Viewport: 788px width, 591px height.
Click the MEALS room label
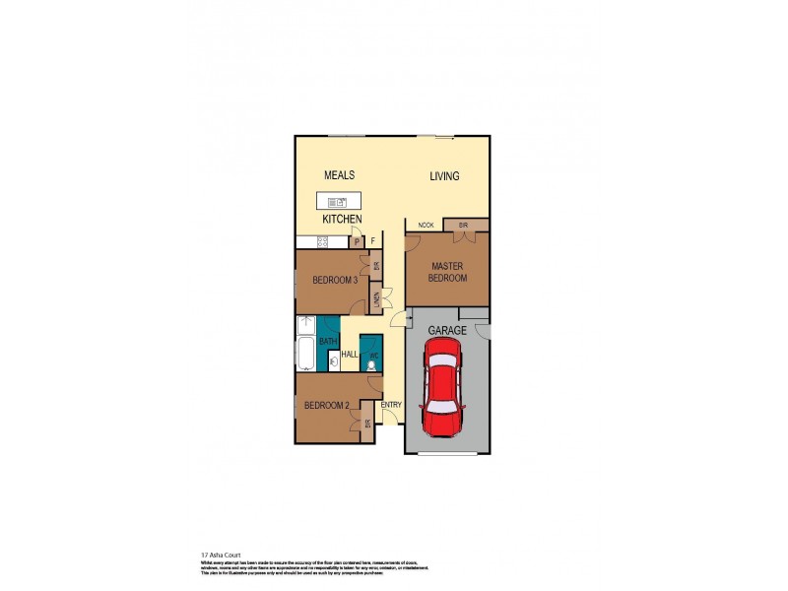(x=340, y=175)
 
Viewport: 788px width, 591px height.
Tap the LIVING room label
(x=444, y=176)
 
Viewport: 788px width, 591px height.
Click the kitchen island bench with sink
(x=338, y=202)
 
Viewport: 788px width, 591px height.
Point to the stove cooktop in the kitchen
(x=322, y=241)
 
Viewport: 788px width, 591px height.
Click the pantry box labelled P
(x=357, y=240)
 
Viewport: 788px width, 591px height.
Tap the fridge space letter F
(x=372, y=240)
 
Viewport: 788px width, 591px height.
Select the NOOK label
(x=426, y=226)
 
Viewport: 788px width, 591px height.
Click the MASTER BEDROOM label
(x=446, y=272)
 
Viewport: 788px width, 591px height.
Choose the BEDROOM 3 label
(x=334, y=281)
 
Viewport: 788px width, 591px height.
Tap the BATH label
(x=327, y=341)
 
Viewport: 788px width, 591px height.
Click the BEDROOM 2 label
(x=327, y=405)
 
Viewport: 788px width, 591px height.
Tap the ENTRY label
(x=391, y=404)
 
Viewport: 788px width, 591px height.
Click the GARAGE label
(x=447, y=331)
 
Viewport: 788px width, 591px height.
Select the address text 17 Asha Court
(x=220, y=555)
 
